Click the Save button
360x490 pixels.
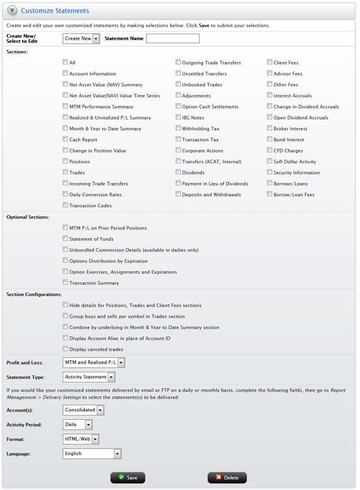[128, 477]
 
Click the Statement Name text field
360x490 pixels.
[173, 38]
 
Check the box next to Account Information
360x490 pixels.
[65, 74]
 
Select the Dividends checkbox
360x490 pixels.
[178, 172]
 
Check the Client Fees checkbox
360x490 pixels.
[269, 62]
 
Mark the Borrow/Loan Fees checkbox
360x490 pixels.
[269, 195]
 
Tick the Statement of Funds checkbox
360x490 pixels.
[65, 239]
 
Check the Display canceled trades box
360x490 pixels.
[65, 349]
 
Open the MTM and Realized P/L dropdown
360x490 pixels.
[94, 363]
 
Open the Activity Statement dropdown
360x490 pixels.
[89, 377]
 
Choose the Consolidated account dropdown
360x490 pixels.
[83, 410]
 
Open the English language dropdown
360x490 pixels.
[92, 454]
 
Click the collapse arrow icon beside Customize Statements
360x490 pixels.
[12, 10]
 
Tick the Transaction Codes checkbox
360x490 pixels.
[65, 206]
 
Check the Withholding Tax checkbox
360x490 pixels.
[178, 129]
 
